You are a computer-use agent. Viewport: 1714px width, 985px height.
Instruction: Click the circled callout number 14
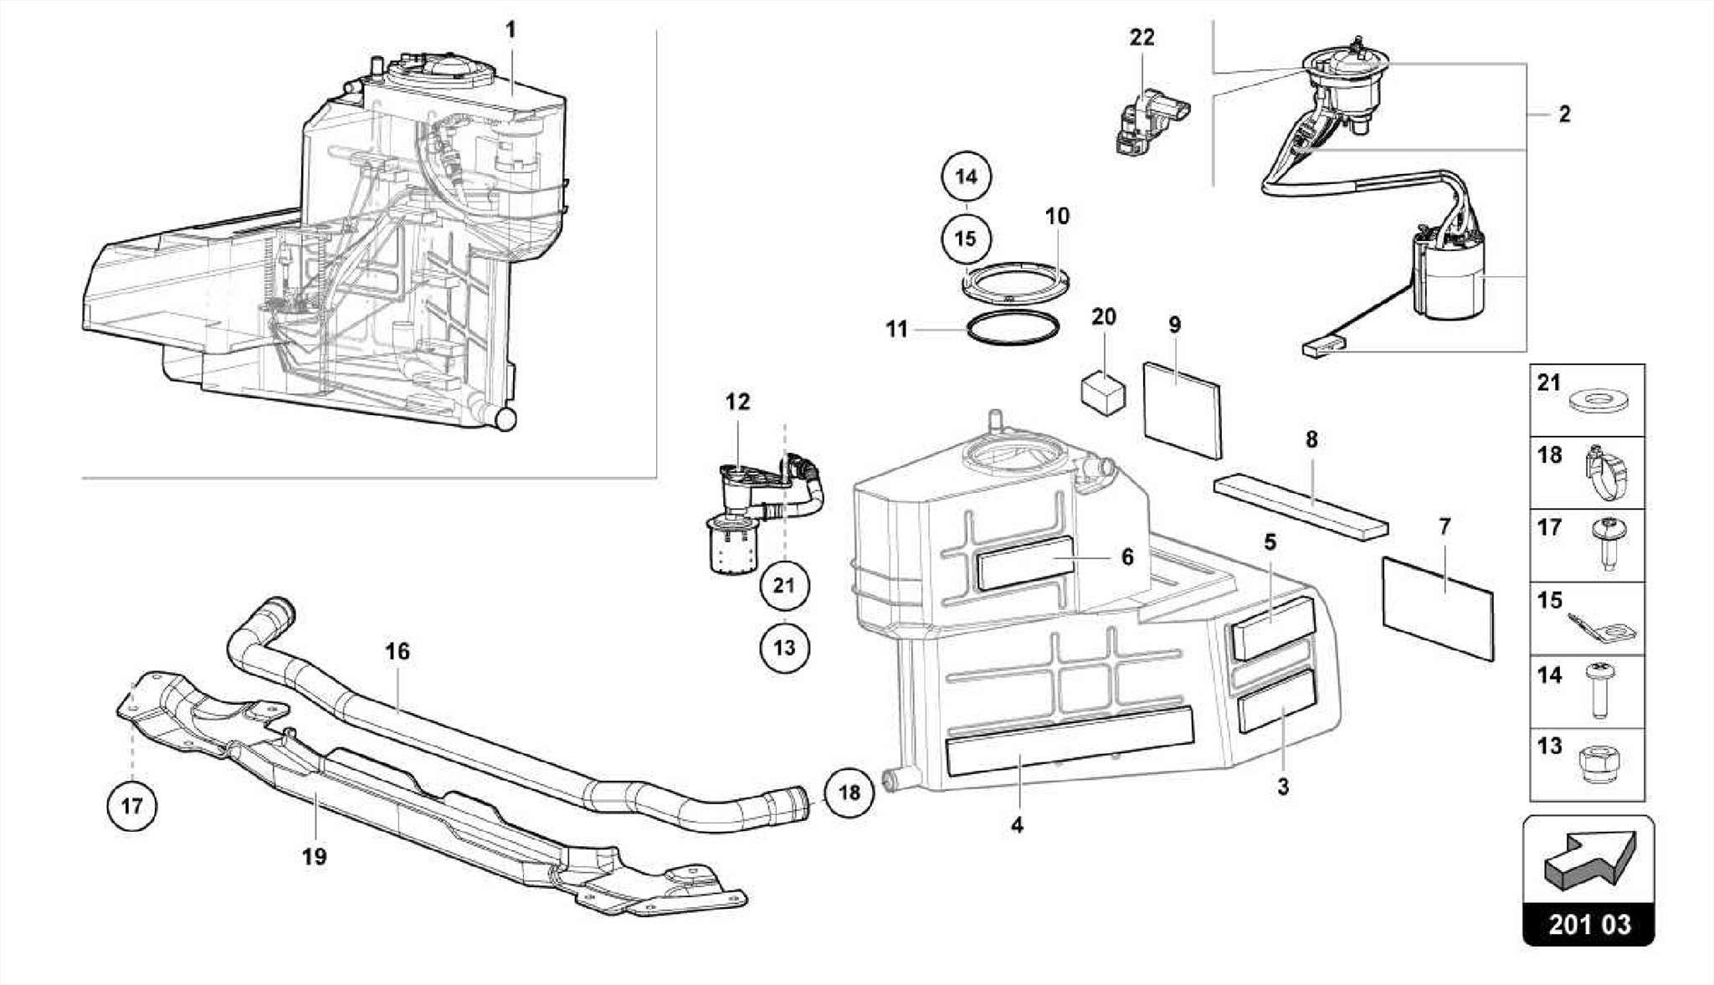pyautogui.click(x=966, y=177)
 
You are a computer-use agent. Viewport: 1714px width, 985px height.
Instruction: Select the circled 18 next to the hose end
pyautogui.click(x=849, y=793)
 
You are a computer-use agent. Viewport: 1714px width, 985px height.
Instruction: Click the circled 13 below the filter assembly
pyautogui.click(x=784, y=647)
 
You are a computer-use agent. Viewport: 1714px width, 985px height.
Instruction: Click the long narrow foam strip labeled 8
pyautogui.click(x=1300, y=504)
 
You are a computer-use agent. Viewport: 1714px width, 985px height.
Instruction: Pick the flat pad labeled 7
pyautogui.click(x=1437, y=608)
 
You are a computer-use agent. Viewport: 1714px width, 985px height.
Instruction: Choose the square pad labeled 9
pyautogui.click(x=1182, y=409)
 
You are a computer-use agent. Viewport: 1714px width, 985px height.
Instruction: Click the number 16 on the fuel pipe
pyautogui.click(x=398, y=650)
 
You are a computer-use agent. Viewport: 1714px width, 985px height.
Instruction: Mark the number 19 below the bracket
pyautogui.click(x=315, y=856)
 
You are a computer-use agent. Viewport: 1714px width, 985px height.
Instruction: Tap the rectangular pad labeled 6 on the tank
pyautogui.click(x=1025, y=562)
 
